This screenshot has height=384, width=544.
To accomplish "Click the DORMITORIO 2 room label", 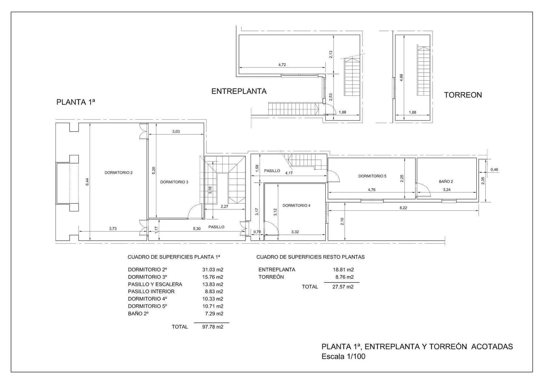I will click(x=118, y=173).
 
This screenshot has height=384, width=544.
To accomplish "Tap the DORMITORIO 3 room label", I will click(x=174, y=182).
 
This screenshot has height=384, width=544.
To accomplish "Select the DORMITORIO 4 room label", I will click(x=296, y=206).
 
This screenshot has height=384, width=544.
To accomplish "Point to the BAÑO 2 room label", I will click(x=446, y=181).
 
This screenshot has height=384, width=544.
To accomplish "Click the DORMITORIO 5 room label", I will click(x=372, y=176).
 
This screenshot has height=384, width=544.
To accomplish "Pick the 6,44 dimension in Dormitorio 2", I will click(x=87, y=182).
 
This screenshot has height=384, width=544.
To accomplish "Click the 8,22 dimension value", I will click(x=403, y=208).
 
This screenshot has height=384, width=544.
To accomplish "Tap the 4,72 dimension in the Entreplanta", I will click(x=282, y=65).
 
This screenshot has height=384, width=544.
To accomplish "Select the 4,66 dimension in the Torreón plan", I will click(x=401, y=77).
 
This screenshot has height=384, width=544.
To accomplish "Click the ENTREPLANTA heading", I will click(x=239, y=91).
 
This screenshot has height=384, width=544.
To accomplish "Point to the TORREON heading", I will click(x=463, y=95).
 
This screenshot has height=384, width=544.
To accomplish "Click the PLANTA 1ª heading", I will click(x=75, y=102).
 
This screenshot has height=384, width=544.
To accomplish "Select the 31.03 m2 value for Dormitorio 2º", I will click(x=213, y=269).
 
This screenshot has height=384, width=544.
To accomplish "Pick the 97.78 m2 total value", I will click(x=213, y=327).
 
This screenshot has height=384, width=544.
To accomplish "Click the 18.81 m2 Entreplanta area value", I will click(x=343, y=269).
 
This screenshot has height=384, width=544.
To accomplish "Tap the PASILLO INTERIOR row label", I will click(x=151, y=292).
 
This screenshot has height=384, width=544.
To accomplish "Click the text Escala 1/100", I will click(x=343, y=356).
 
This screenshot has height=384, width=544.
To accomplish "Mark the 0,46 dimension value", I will click(x=494, y=170).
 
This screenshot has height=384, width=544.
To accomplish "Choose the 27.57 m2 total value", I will click(x=343, y=287).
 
